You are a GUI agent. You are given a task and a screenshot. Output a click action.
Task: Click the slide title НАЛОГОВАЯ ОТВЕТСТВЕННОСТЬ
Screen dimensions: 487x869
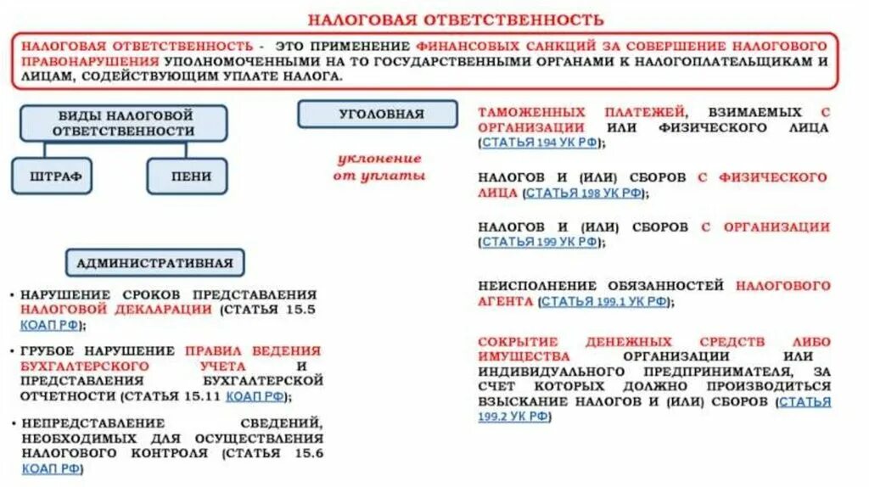coord(455,19)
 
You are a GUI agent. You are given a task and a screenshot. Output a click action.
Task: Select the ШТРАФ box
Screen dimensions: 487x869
coord(51,176)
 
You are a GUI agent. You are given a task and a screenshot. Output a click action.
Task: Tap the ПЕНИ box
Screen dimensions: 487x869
coord(188,176)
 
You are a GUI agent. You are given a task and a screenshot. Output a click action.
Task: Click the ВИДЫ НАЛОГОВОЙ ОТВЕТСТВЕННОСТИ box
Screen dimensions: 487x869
coord(124,123)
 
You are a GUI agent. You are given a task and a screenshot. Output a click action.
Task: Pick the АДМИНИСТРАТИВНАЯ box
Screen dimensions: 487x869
coord(154,262)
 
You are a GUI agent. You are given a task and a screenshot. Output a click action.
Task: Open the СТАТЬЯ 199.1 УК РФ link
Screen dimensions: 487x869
coord(603,301)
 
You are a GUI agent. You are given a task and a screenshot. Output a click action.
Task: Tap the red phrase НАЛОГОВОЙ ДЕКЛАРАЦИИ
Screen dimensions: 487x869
coord(116,309)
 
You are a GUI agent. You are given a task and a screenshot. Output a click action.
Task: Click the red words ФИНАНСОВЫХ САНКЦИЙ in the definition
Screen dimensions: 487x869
coord(494,45)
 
